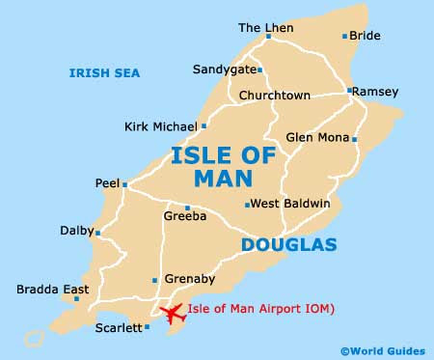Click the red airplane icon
(175, 314)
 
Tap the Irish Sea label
(104, 73)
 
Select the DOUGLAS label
(288, 245)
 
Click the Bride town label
(365, 36)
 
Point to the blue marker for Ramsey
(348, 91)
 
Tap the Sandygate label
(225, 69)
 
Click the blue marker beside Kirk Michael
(203, 125)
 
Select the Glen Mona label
(317, 138)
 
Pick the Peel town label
(106, 182)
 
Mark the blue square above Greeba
(187, 208)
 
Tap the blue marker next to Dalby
(97, 232)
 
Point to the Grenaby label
(186, 280)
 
